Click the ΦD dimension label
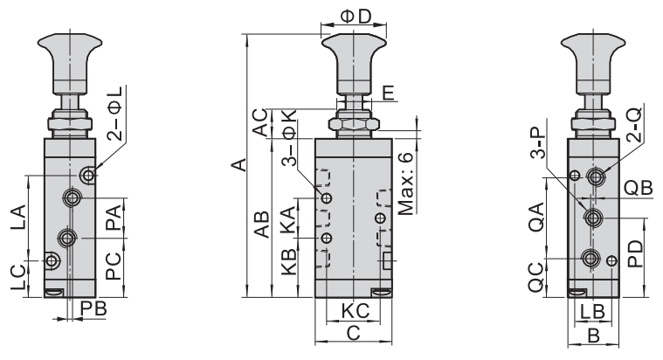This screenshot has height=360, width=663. pyautogui.click(x=356, y=17)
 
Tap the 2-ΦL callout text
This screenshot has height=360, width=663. pyautogui.click(x=114, y=114)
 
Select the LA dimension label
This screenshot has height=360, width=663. pyautogui.click(x=18, y=218)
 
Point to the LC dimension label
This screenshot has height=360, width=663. pyautogui.click(x=18, y=278)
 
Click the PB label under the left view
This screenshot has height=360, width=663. pyautogui.click(x=93, y=308)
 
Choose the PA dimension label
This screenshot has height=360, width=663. pyautogui.click(x=114, y=218)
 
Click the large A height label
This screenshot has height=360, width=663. pyautogui.click(x=238, y=165)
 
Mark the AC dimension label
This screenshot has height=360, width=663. pyautogui.click(x=261, y=122)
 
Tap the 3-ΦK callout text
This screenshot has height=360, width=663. pyautogui.click(x=290, y=137)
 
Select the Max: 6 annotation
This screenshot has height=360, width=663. pyautogui.click(x=405, y=184)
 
